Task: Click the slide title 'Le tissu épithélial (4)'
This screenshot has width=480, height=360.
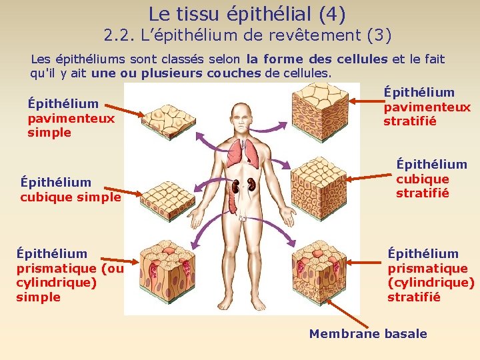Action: pyautogui.click(x=247, y=13)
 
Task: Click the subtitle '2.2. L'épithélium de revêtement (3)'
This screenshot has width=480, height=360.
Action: pyautogui.click(x=247, y=35)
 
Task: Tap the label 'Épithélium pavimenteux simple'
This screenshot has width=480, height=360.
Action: pyautogui.click(x=71, y=118)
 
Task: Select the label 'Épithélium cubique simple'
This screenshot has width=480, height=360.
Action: pyautogui.click(x=71, y=189)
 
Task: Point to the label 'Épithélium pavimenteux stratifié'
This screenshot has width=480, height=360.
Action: pyautogui.click(x=427, y=107)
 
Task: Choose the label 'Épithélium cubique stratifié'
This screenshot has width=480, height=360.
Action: pyautogui.click(x=431, y=179)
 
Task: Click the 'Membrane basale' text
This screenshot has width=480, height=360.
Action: pyautogui.click(x=368, y=334)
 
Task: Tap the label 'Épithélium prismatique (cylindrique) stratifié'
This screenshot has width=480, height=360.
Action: pyautogui.click(x=431, y=275)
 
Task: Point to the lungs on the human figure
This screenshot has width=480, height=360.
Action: pyautogui.click(x=242, y=155)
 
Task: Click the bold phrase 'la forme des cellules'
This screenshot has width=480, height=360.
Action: pyautogui.click(x=317, y=59)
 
